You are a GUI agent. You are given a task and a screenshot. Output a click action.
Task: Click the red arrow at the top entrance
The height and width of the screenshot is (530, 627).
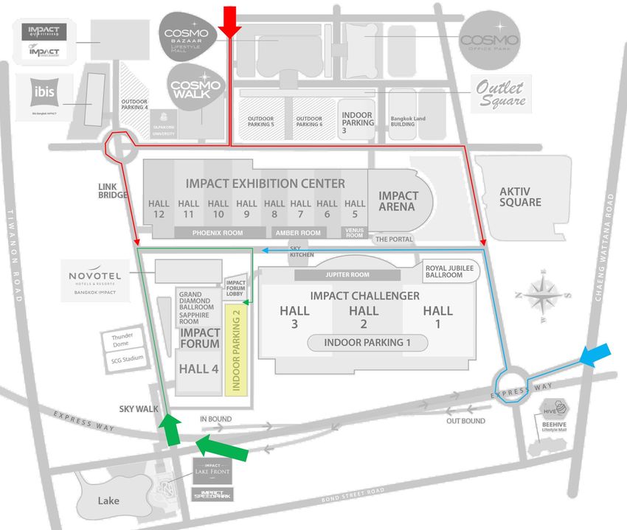[231, 21]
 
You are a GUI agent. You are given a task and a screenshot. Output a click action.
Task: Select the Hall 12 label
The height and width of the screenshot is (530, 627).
[159, 209]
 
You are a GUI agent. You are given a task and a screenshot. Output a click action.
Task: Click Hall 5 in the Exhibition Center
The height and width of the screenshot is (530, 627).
[355, 209]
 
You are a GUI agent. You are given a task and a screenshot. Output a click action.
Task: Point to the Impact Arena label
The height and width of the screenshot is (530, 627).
[398, 201]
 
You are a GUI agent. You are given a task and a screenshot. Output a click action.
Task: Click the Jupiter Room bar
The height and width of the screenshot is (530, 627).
[347, 275]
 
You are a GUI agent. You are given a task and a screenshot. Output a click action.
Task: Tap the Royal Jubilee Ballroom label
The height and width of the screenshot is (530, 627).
[444, 271]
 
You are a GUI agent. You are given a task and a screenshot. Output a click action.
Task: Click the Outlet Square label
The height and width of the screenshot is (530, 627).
[500, 94]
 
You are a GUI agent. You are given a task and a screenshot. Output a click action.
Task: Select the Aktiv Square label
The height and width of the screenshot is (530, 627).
[520, 196]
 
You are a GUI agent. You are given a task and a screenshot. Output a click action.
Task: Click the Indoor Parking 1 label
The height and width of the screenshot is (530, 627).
[367, 343]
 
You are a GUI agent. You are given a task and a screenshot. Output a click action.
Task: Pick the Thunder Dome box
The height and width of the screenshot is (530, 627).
[122, 340]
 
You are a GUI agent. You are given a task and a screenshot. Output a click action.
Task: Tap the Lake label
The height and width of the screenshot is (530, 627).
[108, 501]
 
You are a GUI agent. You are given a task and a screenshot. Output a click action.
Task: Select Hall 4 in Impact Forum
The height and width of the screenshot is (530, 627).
[198, 369]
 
